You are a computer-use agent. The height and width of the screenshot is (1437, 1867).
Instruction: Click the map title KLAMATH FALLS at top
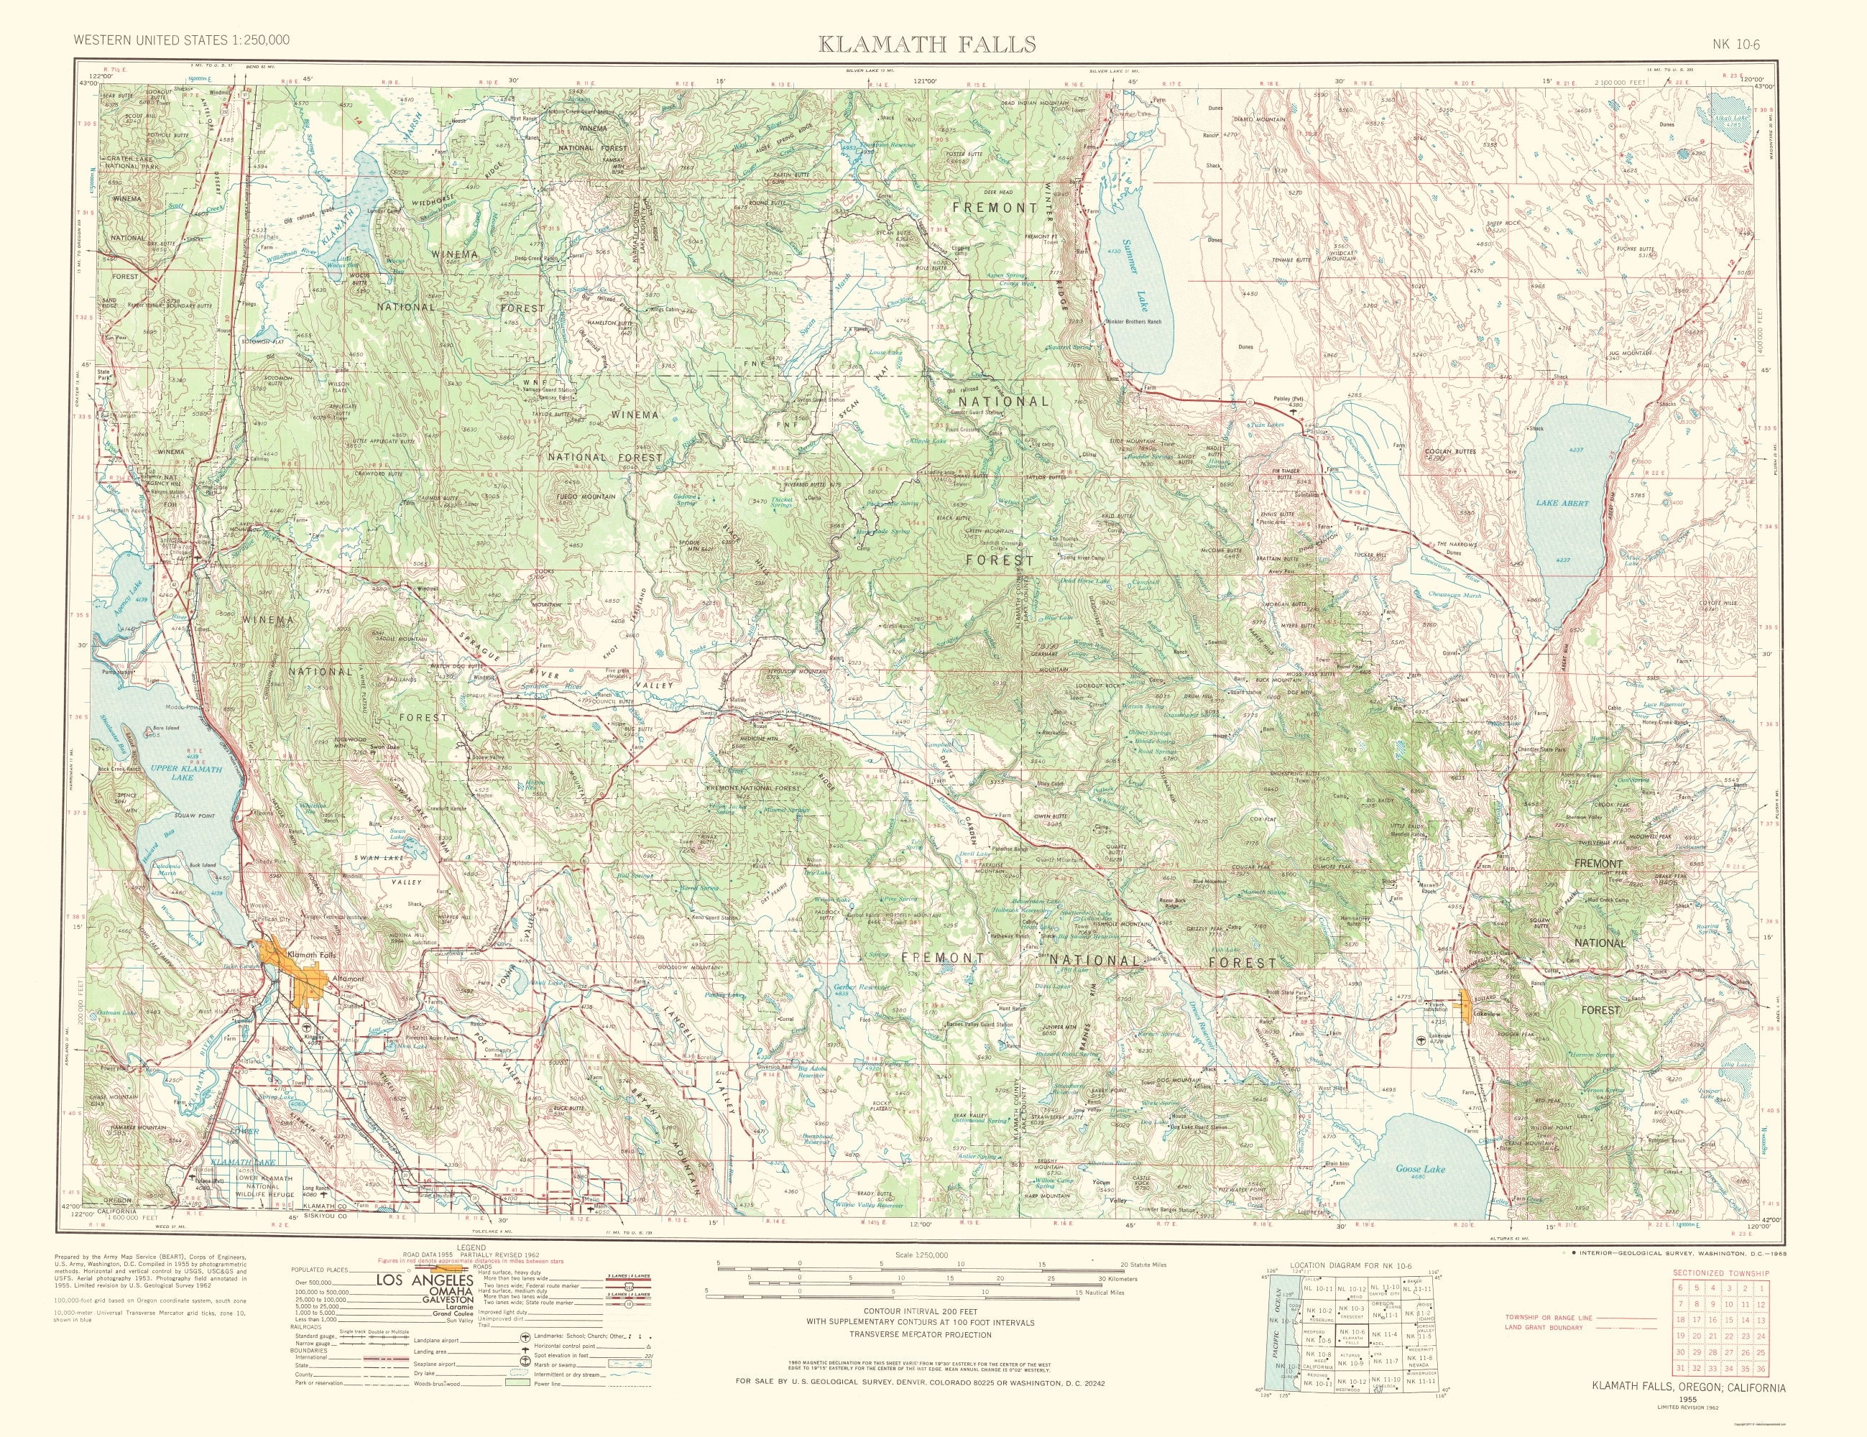coord(928,44)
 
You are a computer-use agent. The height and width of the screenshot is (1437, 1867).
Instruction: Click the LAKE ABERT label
coord(1562,504)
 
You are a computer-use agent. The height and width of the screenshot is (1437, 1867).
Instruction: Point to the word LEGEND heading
coord(470,1247)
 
